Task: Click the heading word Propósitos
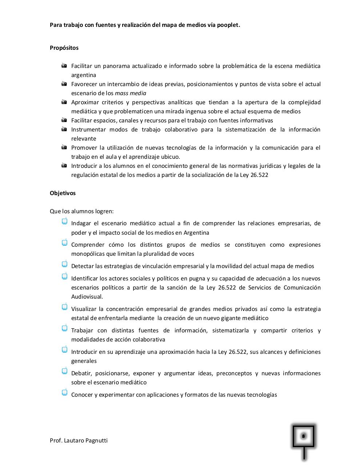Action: [64, 48]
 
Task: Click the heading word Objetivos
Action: [63, 193]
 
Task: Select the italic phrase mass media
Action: [131, 93]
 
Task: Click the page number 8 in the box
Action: [303, 436]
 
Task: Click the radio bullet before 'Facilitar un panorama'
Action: [64, 66]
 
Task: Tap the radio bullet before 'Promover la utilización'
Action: [64, 147]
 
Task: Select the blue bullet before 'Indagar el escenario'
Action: [65, 221]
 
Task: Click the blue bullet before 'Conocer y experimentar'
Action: [65, 392]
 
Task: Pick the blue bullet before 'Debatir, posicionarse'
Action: [65, 371]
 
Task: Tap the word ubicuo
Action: [171, 157]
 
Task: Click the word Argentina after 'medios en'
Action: [196, 233]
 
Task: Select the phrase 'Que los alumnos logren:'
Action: [82, 211]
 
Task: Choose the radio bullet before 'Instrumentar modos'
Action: [64, 129]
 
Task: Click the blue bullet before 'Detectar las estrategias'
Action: [65, 264]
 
